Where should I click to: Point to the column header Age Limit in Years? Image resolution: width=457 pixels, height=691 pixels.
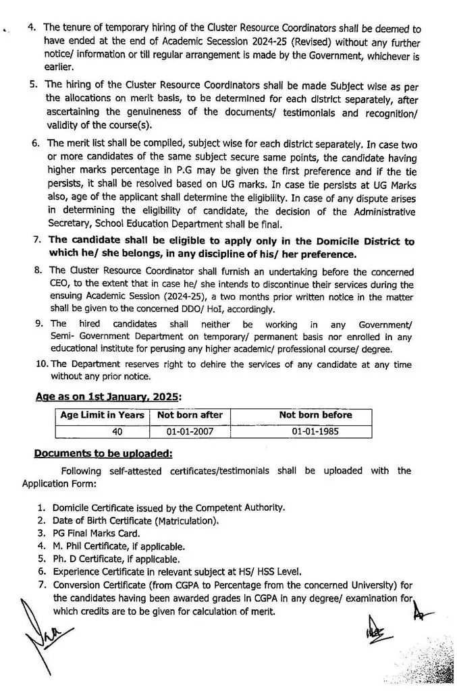pos(102,415)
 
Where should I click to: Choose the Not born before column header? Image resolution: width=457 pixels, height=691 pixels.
pos(315,415)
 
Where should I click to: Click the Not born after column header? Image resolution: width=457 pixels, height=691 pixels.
pos(190,415)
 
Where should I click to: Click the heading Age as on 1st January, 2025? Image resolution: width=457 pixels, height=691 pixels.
pos(108,397)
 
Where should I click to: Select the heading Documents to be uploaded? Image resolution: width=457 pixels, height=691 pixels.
pos(103,453)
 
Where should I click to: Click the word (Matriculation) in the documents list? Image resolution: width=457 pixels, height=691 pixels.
pos(180,520)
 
